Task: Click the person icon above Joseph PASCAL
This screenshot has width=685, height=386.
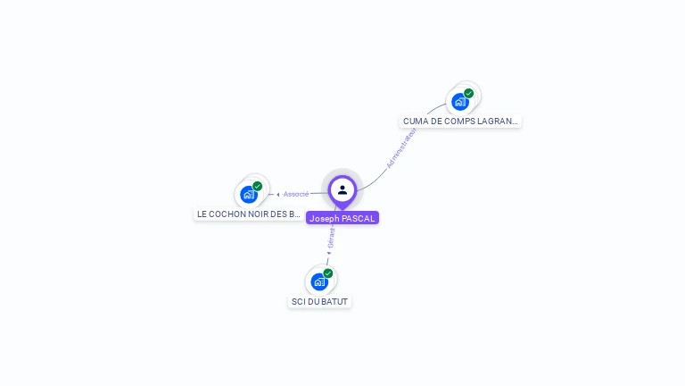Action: pyautogui.click(x=342, y=189)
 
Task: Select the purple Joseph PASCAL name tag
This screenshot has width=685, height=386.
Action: pyautogui.click(x=342, y=218)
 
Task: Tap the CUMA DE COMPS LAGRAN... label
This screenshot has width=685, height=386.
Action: pyautogui.click(x=460, y=121)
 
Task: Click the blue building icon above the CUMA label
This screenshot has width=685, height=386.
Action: pyautogui.click(x=460, y=102)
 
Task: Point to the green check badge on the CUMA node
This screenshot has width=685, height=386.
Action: pyautogui.click(x=469, y=93)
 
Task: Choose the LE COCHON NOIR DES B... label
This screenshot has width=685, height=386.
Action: pyautogui.click(x=249, y=214)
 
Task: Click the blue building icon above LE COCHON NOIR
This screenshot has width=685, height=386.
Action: pyautogui.click(x=249, y=195)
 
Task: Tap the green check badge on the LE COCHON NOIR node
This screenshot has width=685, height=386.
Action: pyautogui.click(x=258, y=186)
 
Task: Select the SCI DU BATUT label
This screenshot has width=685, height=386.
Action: pyautogui.click(x=320, y=301)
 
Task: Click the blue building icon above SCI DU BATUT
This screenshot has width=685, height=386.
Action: pyautogui.click(x=319, y=282)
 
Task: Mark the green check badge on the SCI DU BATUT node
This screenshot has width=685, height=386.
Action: pyautogui.click(x=328, y=273)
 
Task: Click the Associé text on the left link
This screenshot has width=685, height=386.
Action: pyautogui.click(x=296, y=194)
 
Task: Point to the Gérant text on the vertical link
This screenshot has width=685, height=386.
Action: pyautogui.click(x=331, y=239)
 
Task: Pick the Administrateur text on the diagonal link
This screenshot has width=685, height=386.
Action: pyautogui.click(x=401, y=148)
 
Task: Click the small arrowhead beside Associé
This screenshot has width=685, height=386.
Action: pyautogui.click(x=278, y=194)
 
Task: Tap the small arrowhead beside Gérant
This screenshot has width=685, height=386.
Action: pyautogui.click(x=329, y=253)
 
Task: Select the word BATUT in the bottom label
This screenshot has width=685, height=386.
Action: pyautogui.click(x=334, y=301)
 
